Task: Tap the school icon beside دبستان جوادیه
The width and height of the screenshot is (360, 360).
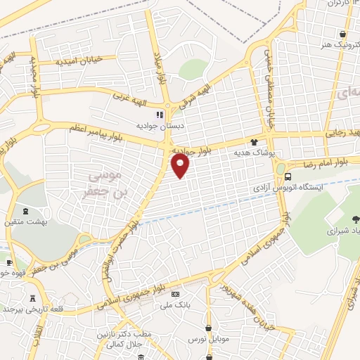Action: pyautogui.click(x=160, y=114)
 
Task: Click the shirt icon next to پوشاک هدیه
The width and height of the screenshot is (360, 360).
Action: pyautogui.click(x=264, y=141)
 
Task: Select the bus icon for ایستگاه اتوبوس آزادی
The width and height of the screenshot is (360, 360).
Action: pyautogui.click(x=281, y=169)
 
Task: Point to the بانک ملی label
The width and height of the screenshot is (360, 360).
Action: pyautogui.click(x=176, y=304)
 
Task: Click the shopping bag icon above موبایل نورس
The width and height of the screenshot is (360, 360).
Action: pyautogui.click(x=209, y=328)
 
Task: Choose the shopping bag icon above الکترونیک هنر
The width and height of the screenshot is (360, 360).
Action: pyautogui.click(x=342, y=34)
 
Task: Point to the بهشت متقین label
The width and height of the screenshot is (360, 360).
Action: pyautogui.click(x=28, y=221)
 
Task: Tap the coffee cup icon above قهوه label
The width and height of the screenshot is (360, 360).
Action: pyautogui.click(x=8, y=262)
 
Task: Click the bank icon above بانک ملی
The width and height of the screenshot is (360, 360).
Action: pyautogui.click(x=175, y=294)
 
